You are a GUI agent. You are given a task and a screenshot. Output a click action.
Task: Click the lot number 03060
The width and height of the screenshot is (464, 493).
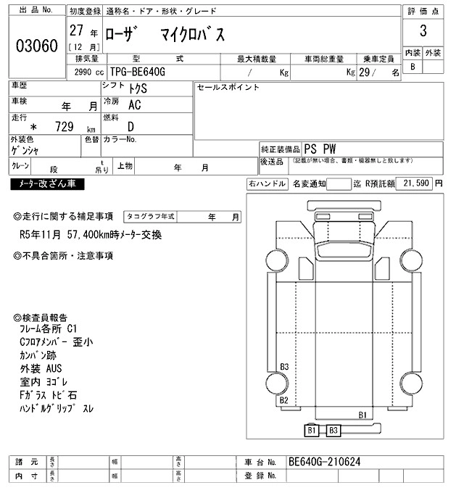click(x=36, y=46)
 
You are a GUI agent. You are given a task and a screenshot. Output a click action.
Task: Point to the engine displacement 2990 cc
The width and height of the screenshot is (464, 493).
click(x=90, y=72)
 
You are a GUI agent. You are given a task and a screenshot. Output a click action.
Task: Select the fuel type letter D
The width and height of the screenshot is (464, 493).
click(x=131, y=126)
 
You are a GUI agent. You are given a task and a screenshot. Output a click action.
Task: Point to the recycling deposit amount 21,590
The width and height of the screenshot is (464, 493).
click(x=413, y=184)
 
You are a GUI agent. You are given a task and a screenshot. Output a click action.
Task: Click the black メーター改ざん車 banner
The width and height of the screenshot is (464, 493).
click(x=48, y=184)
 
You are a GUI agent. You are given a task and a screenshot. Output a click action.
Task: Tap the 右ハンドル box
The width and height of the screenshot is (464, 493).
click(x=267, y=184)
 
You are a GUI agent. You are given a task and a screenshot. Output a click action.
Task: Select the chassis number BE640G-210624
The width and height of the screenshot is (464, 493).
click(x=324, y=462)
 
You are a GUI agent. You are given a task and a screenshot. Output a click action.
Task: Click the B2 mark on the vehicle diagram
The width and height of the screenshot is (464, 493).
click(x=284, y=399)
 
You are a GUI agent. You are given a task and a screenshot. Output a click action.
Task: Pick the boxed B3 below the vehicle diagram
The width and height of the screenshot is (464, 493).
click(x=333, y=431)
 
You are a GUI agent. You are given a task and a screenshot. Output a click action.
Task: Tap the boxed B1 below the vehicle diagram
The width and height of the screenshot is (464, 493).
click(x=312, y=431)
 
